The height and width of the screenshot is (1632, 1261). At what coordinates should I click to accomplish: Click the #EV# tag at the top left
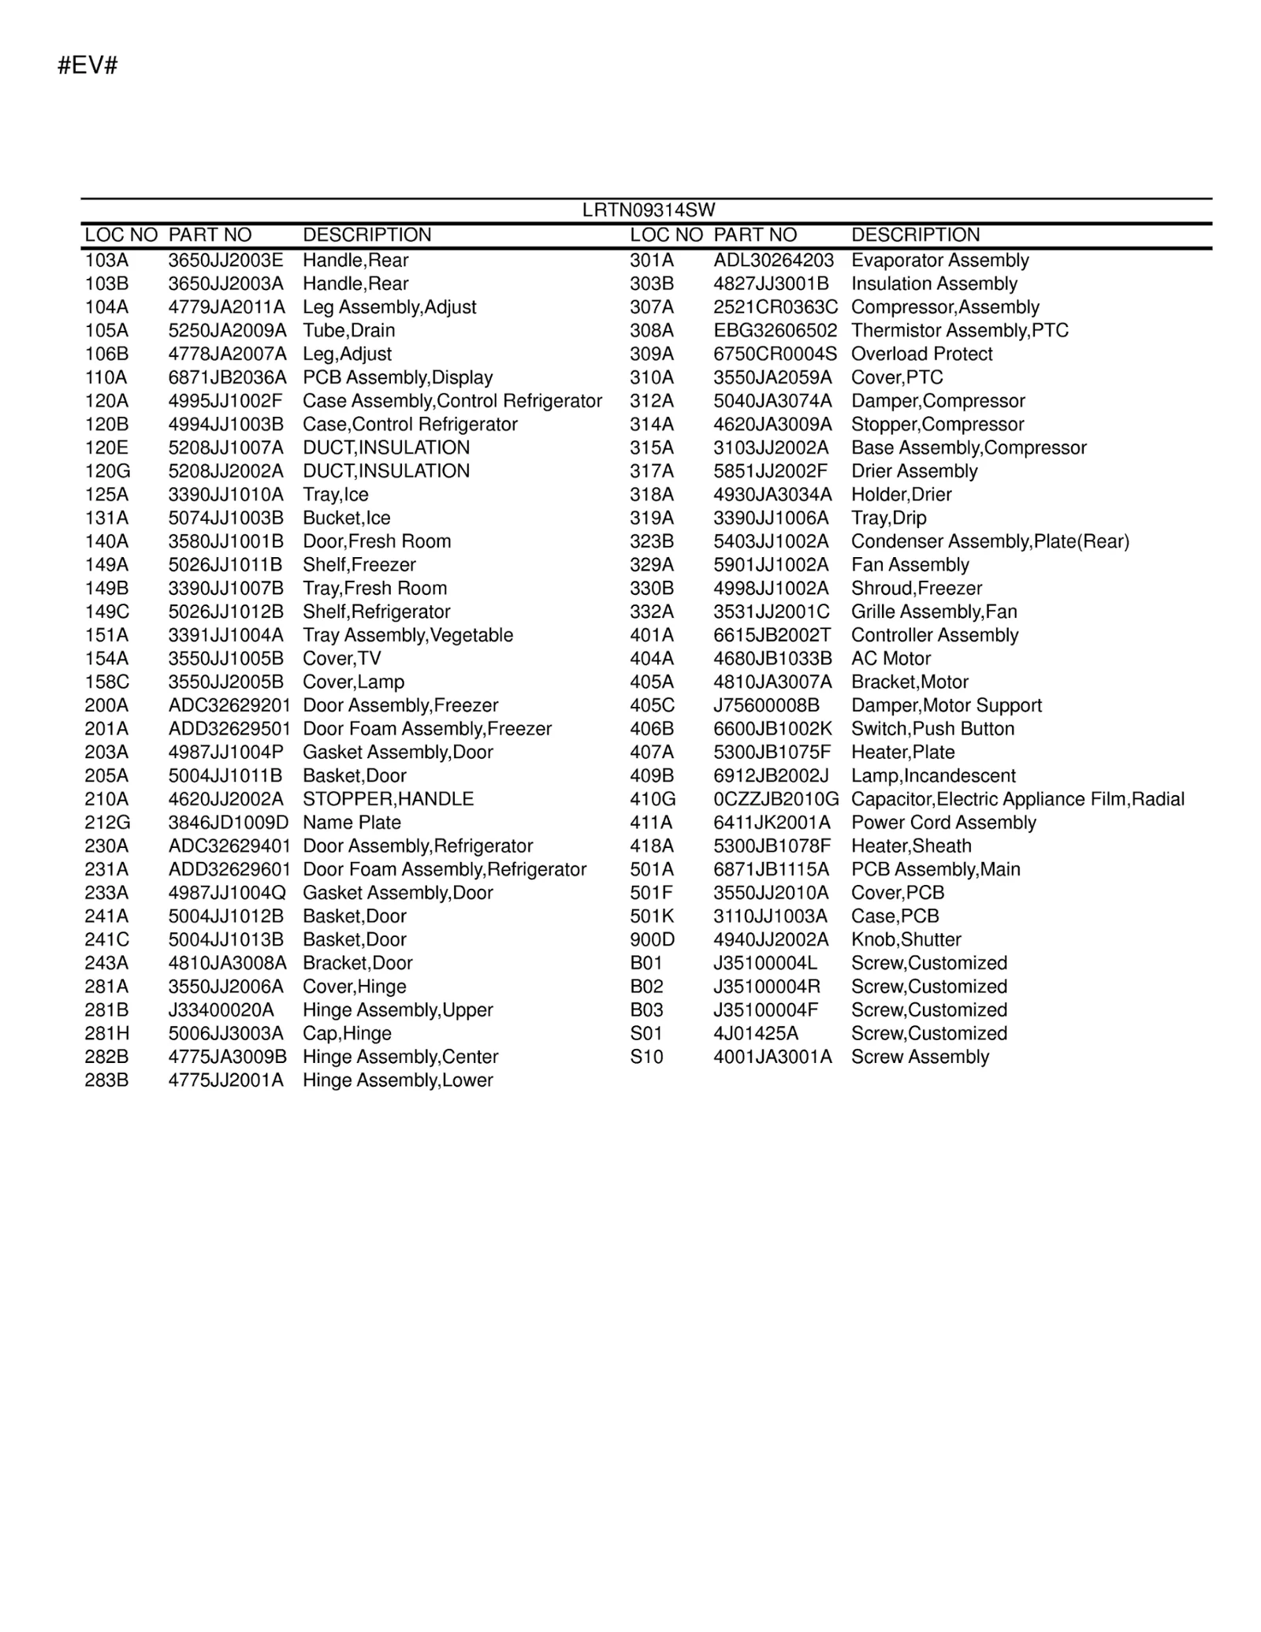(87, 65)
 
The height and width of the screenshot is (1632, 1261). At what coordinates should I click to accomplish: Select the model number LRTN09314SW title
(648, 210)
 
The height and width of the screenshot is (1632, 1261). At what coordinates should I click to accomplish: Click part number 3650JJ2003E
(225, 260)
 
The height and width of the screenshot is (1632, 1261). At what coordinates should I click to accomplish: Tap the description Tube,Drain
(348, 330)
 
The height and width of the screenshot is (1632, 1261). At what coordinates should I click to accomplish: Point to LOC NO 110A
(106, 377)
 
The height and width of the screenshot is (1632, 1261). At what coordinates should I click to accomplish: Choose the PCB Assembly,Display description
(397, 377)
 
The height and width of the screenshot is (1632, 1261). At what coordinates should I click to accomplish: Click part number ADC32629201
(229, 705)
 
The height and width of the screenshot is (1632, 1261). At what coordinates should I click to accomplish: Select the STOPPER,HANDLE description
(388, 799)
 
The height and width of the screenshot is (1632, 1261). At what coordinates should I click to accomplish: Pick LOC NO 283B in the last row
(106, 1080)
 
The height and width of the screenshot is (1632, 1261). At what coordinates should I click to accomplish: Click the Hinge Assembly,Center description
(400, 1057)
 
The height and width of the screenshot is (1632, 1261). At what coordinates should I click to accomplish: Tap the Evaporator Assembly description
(939, 260)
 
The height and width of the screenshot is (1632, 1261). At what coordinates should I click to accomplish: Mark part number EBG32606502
(775, 330)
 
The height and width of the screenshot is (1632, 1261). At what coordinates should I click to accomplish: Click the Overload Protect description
(921, 354)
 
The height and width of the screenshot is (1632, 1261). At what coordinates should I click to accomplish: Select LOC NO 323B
(652, 541)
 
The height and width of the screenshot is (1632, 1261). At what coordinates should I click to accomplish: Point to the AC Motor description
(891, 659)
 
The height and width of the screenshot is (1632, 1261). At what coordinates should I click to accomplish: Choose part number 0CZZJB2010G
(776, 799)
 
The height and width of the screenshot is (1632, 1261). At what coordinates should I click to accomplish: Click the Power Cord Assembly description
(943, 823)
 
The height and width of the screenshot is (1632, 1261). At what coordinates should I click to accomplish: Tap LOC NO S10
(646, 1057)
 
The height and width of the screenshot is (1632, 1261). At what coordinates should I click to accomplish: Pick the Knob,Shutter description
(906, 939)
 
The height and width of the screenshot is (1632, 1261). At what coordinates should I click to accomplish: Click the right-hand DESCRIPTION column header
(915, 235)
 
